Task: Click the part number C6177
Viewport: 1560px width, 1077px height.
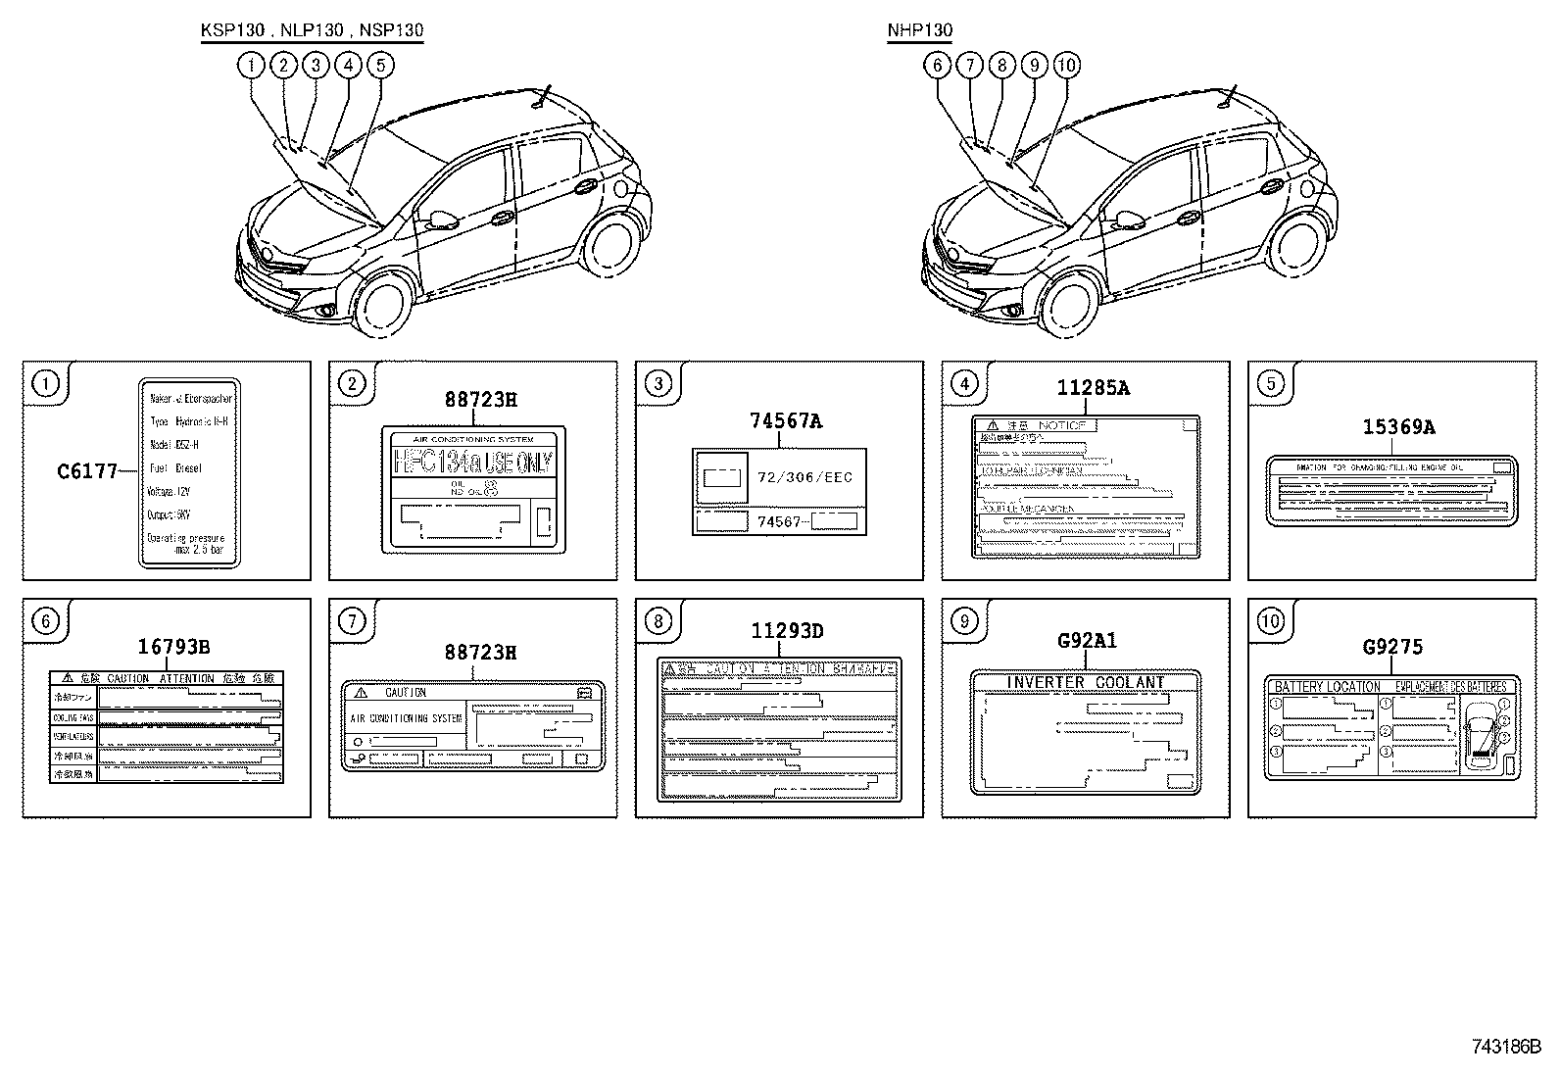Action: [88, 471]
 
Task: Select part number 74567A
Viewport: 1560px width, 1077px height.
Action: [785, 421]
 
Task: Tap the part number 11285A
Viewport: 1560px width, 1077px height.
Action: [1093, 388]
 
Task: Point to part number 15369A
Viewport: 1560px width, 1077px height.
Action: [1398, 427]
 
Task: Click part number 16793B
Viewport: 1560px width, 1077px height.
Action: [173, 646]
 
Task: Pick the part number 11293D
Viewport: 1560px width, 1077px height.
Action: [787, 631]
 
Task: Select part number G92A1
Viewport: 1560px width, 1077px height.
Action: [1087, 641]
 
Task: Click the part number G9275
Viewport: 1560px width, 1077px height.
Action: [1392, 647]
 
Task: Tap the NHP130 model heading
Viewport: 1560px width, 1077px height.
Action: [919, 30]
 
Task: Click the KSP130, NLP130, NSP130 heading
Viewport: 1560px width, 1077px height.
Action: [312, 30]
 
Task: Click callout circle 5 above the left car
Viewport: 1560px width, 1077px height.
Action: [380, 66]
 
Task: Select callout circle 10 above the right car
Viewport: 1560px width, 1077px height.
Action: [1066, 66]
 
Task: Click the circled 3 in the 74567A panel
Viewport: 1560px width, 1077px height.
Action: [658, 383]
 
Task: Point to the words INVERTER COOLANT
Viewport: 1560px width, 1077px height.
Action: [1086, 682]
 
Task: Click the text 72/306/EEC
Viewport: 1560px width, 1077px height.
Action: [805, 477]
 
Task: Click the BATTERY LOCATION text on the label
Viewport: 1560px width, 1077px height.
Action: [1327, 687]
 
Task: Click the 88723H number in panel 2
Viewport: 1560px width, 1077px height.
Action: [480, 399]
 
